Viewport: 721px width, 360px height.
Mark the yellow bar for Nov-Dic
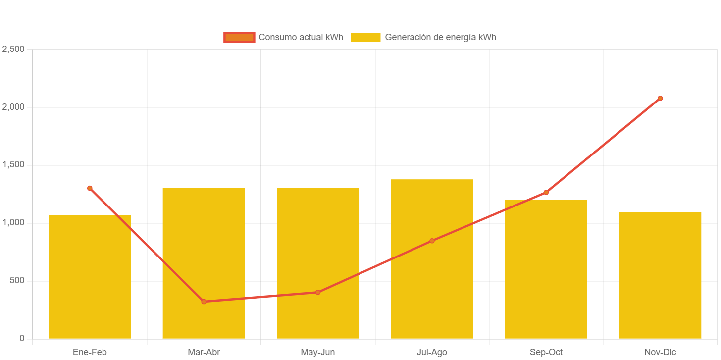[660, 275]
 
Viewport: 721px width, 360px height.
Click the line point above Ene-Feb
[90, 188]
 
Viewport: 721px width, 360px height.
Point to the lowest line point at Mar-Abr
[204, 302]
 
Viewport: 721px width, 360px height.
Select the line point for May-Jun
[318, 292]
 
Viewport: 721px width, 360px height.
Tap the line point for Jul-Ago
[432, 241]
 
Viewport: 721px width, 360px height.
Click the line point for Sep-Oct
[546, 192]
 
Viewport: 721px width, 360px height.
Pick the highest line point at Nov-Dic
[660, 98]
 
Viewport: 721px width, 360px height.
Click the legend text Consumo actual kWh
[301, 37]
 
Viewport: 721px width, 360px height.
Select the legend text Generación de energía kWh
[440, 37]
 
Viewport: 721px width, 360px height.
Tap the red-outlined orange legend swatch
[239, 37]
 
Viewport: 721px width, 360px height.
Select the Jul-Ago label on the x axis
[432, 352]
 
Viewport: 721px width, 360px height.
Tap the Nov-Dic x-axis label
[660, 352]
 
